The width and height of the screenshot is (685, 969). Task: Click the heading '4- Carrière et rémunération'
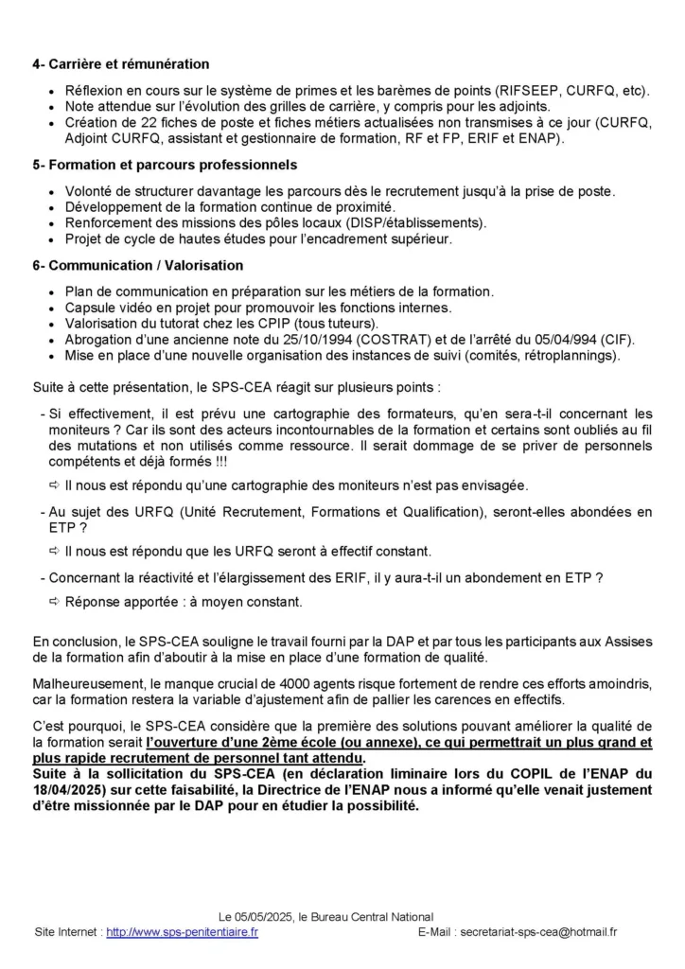(x=121, y=64)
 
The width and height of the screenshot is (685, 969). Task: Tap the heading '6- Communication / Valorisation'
(x=138, y=265)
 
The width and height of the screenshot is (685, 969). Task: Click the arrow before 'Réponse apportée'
(x=53, y=602)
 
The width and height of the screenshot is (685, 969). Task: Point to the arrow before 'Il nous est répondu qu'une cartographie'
(x=53, y=485)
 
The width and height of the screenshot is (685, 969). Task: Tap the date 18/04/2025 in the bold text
(x=71, y=790)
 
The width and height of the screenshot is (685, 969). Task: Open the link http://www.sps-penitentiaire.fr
(x=182, y=931)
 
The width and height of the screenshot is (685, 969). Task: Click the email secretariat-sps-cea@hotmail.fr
(x=538, y=931)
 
